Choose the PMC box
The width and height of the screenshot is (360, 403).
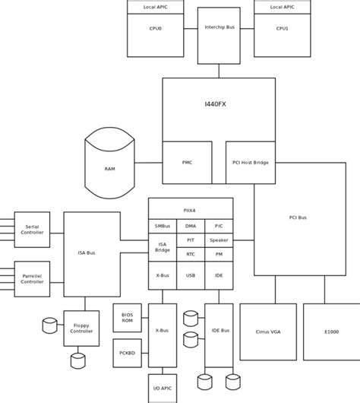[187, 162]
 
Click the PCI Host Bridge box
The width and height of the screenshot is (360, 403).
[251, 162]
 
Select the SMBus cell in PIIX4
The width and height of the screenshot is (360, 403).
[162, 226]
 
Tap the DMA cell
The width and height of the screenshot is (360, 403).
[191, 226]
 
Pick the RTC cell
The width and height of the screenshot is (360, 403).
[191, 254]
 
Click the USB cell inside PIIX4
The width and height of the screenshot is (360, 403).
[191, 274]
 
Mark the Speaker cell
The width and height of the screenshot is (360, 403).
[219, 240]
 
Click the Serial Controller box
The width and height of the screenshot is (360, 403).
[32, 229]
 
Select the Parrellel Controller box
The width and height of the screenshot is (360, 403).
[32, 278]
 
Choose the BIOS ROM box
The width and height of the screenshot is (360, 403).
[127, 317]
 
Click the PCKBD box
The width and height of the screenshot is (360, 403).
[127, 353]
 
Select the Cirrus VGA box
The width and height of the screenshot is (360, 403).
[268, 332]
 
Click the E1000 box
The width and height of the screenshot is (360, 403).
[331, 332]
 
